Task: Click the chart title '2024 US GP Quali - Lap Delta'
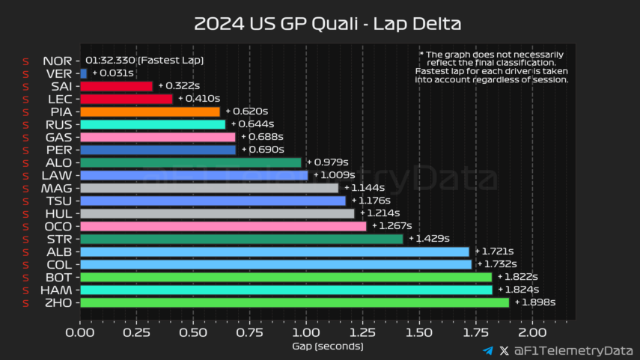click(328, 23)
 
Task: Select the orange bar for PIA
click(150, 112)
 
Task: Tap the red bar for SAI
click(116, 86)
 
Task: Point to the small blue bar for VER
click(83, 73)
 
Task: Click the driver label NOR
click(58, 61)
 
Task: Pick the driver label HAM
click(57, 290)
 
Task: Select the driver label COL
click(58, 264)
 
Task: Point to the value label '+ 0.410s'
click(198, 99)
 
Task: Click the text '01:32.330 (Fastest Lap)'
click(144, 61)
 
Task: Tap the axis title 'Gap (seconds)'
click(328, 346)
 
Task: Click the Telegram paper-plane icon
click(488, 350)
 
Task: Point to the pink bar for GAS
click(157, 137)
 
